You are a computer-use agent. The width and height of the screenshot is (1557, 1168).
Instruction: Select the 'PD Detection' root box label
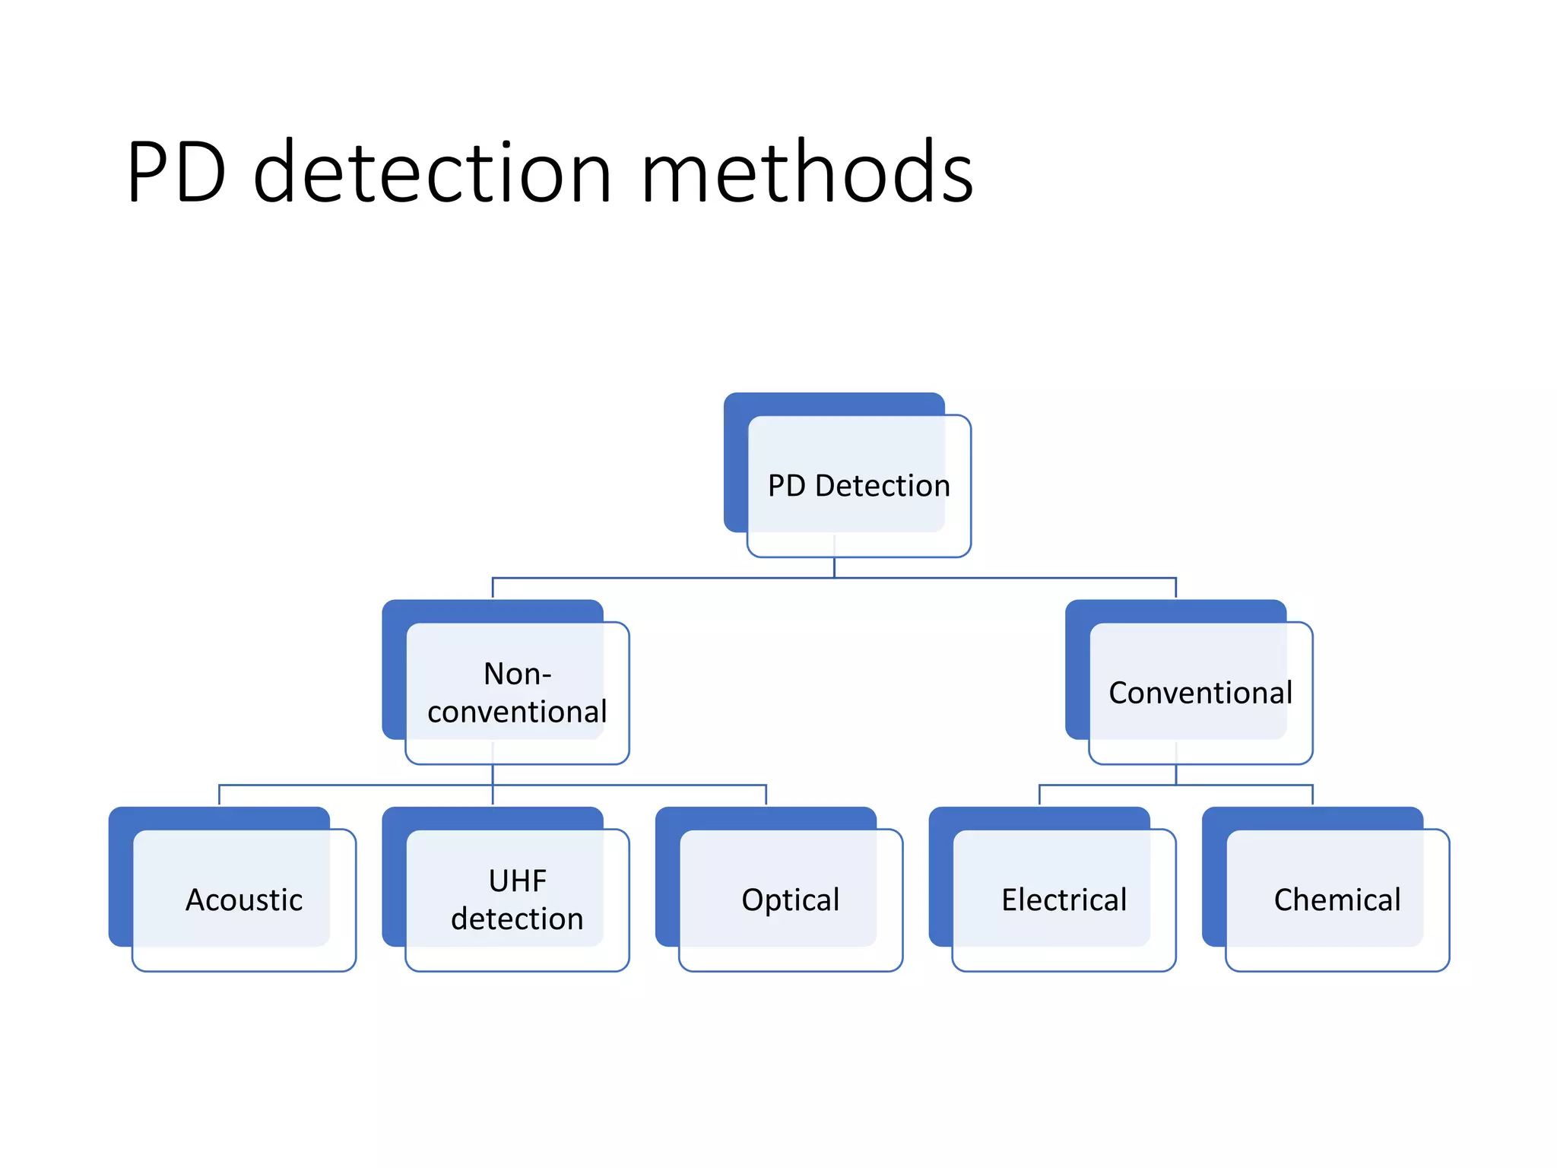[858, 486]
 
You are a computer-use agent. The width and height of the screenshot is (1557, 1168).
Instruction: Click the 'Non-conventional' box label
[517, 693]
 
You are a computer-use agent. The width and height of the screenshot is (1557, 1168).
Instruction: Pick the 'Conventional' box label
[1200, 693]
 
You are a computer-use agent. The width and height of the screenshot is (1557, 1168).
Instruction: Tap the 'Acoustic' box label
[244, 900]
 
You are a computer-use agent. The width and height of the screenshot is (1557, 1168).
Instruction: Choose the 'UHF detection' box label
[517, 900]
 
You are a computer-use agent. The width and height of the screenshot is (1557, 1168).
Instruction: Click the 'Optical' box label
[791, 900]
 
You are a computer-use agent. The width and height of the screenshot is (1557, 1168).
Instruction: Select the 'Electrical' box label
[1064, 900]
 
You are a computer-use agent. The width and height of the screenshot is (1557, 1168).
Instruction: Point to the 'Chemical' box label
[1337, 900]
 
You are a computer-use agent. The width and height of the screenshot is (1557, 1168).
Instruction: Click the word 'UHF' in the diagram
[517, 881]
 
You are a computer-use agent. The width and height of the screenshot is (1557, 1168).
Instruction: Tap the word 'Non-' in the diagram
[517, 674]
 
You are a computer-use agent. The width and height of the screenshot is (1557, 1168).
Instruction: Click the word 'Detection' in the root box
[882, 486]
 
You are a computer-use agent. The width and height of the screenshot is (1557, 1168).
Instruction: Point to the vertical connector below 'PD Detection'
[834, 567]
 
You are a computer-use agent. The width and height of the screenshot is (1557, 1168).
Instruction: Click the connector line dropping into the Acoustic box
[219, 795]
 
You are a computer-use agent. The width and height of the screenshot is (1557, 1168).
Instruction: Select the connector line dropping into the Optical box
[766, 795]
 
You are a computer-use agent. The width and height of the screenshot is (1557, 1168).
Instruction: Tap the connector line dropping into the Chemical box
[1312, 795]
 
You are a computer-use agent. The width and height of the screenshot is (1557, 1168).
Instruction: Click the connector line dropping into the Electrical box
[1039, 795]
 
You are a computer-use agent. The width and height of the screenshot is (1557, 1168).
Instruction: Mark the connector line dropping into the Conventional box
[1175, 588]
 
